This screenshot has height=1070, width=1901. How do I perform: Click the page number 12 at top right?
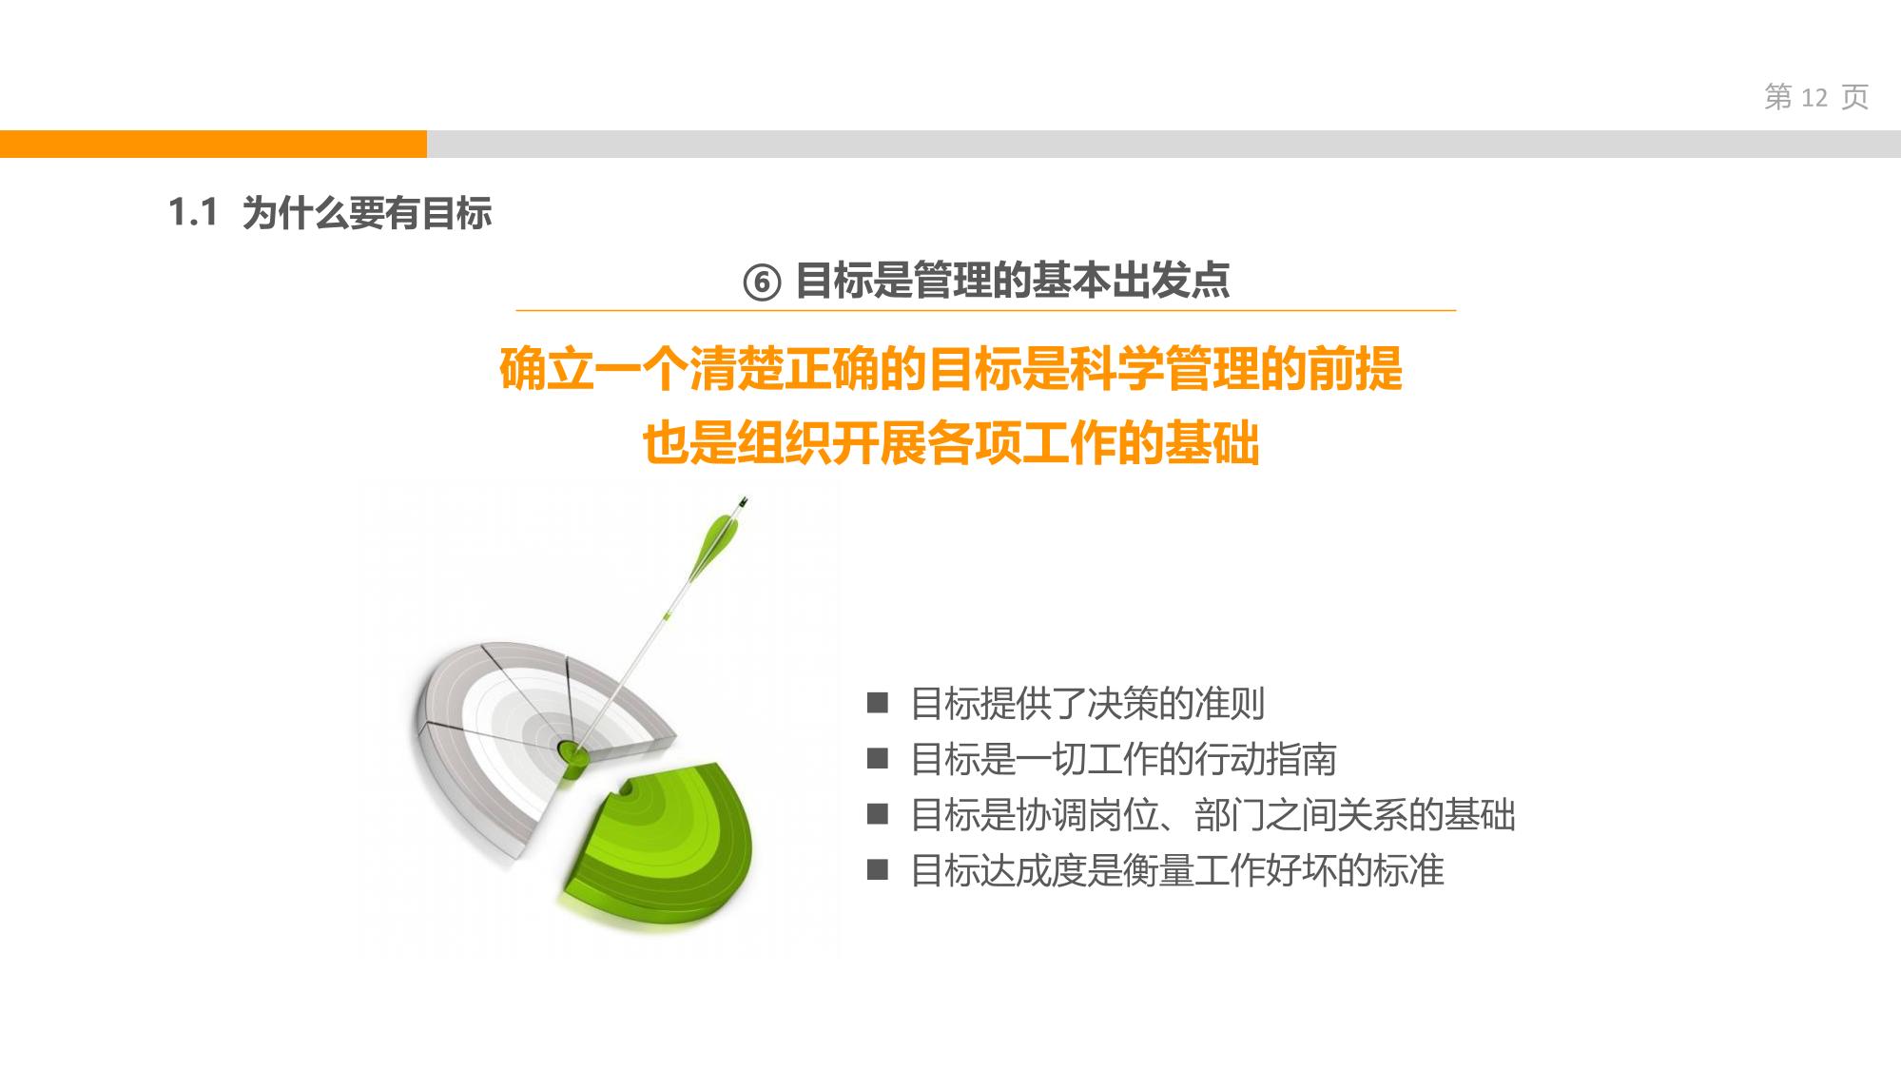click(x=1814, y=97)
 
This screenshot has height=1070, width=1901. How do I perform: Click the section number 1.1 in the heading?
click(x=193, y=212)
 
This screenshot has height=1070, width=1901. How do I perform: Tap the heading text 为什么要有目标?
click(x=367, y=213)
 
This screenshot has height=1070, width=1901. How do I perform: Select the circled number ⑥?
click(x=761, y=282)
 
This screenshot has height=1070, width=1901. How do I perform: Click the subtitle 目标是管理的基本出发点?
click(x=1012, y=281)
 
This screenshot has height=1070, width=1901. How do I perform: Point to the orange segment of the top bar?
click(x=213, y=144)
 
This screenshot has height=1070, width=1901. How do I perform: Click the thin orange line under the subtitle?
click(x=986, y=310)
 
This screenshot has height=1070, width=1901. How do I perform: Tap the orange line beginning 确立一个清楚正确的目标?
click(x=950, y=369)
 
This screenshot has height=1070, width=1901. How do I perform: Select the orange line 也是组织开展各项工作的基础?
click(x=950, y=443)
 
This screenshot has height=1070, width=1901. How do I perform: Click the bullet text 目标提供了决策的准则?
click(x=1088, y=704)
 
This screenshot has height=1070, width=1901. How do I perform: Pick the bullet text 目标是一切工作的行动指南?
click(x=1123, y=759)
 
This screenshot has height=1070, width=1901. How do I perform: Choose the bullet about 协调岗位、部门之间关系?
click(x=1212, y=815)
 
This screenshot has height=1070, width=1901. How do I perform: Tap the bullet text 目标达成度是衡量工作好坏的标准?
click(x=1177, y=870)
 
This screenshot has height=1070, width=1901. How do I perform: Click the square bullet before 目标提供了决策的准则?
click(x=877, y=704)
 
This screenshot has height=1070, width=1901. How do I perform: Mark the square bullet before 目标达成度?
click(x=877, y=870)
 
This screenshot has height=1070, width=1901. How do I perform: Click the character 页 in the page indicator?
click(x=1855, y=97)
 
